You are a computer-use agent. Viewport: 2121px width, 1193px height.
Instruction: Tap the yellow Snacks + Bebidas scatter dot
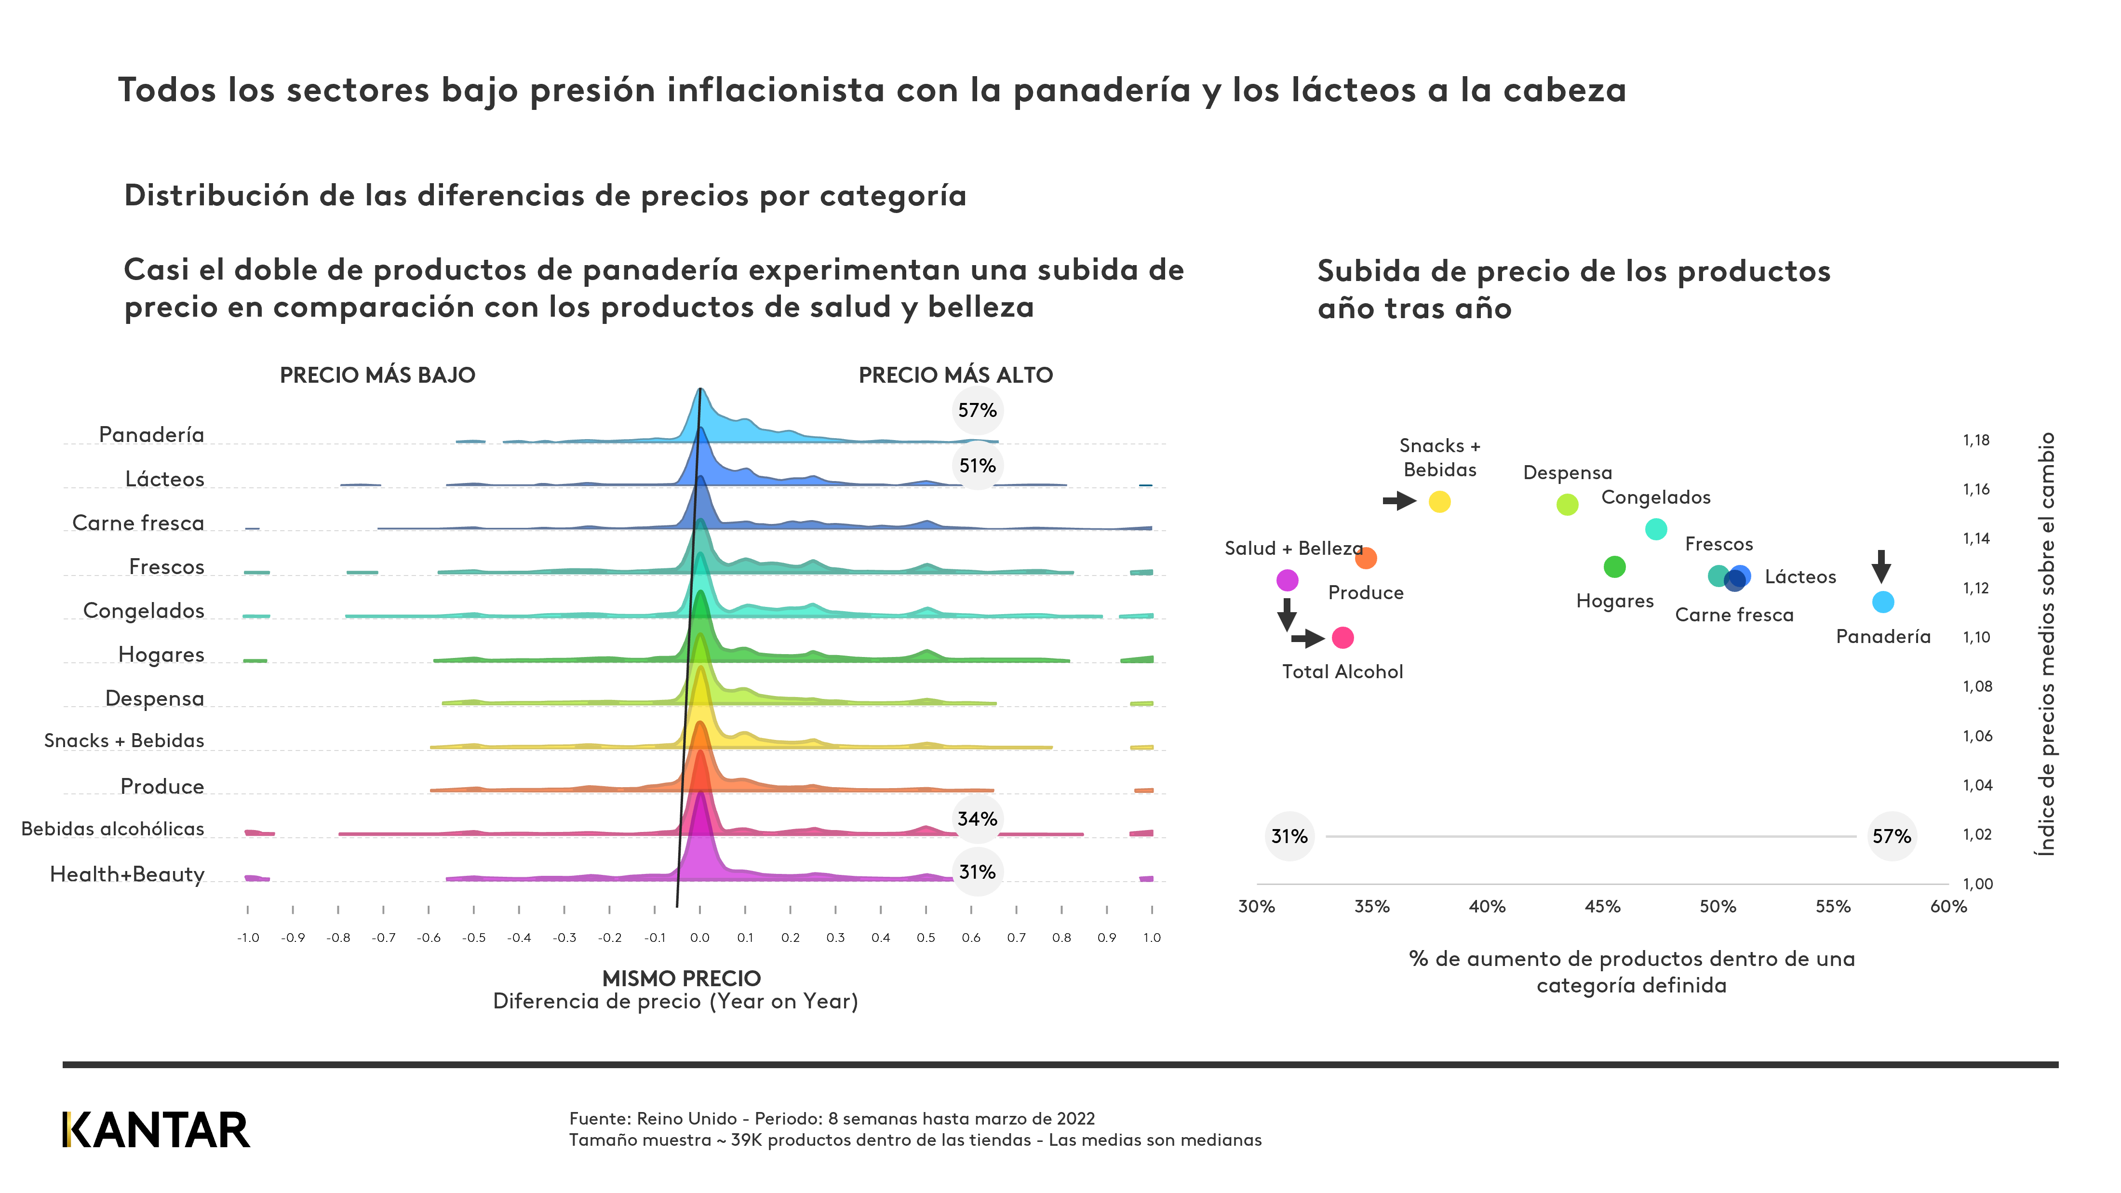pos(1439,501)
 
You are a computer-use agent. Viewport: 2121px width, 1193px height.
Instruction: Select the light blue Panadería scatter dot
pos(1883,602)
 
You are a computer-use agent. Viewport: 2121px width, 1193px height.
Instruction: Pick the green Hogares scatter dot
pos(1615,566)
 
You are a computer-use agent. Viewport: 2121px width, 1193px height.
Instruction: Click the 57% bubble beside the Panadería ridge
pos(977,410)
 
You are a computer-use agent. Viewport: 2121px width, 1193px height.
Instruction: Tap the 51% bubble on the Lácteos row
pos(977,465)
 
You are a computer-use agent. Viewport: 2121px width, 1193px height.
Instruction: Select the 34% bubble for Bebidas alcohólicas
pos(977,818)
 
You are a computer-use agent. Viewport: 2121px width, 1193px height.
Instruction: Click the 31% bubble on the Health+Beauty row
pos(977,872)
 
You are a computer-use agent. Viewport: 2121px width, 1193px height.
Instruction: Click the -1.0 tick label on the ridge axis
pos(248,938)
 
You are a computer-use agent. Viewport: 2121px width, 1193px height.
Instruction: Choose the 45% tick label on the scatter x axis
pos(1602,907)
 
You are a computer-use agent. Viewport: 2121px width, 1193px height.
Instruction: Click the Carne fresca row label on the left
pos(138,523)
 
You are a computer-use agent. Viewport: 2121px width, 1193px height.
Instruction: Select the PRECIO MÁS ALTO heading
pos(955,375)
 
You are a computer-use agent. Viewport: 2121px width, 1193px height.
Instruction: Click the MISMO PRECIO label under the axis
pos(681,978)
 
